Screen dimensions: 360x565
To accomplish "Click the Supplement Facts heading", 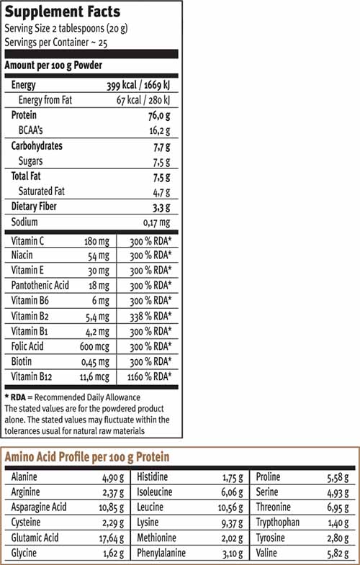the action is [x=63, y=12].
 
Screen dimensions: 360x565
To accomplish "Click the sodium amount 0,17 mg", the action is [x=155, y=222].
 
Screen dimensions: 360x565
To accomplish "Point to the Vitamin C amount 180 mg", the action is [x=96, y=240].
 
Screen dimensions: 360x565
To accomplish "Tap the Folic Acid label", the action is [x=28, y=346].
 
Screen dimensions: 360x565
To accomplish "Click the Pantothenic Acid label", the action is [x=40, y=286].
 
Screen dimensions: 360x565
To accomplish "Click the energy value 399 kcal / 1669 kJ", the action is [x=138, y=85].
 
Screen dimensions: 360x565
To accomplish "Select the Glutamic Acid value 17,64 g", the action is [x=114, y=538].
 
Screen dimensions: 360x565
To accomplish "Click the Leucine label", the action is [x=150, y=508].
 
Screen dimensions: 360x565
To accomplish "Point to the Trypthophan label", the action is [x=277, y=523].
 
